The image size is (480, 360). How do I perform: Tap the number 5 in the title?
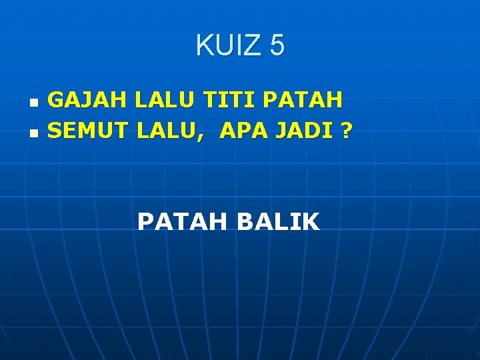277,46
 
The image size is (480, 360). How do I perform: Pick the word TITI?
231,101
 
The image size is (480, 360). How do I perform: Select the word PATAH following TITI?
303,101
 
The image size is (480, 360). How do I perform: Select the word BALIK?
278,222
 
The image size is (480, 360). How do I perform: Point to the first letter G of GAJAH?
57,101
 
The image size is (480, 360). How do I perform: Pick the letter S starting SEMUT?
55,131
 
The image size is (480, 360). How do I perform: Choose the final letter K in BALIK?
312,222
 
